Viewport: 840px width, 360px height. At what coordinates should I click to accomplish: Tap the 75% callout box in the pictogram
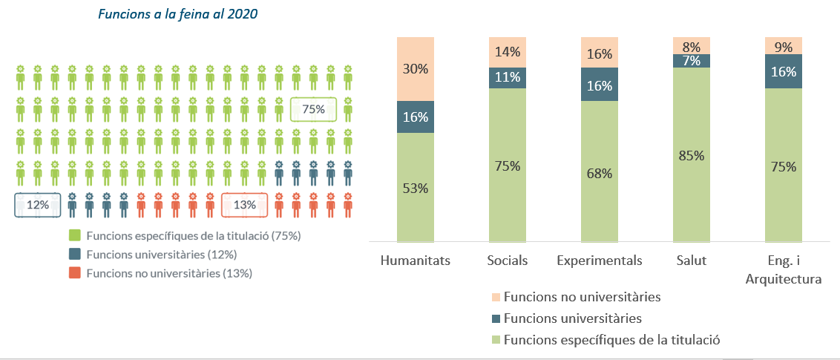click(x=313, y=109)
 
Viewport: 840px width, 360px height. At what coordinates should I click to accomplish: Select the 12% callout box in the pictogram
click(x=38, y=205)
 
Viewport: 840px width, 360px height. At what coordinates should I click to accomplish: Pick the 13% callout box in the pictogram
click(x=244, y=205)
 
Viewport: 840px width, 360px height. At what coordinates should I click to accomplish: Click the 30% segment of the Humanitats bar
click(x=416, y=68)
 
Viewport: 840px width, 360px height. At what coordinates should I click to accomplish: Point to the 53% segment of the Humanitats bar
click(x=416, y=188)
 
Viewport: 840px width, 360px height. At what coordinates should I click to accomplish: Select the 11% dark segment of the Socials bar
click(x=508, y=77)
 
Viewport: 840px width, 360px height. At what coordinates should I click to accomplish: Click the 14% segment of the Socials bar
click(x=508, y=52)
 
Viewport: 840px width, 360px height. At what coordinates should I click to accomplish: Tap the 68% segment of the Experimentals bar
click(x=600, y=173)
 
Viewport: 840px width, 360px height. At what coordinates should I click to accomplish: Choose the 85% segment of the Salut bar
click(x=692, y=155)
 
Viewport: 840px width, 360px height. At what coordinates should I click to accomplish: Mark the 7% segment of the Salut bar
click(x=692, y=61)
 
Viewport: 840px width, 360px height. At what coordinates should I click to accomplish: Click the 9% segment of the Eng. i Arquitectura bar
click(x=784, y=45)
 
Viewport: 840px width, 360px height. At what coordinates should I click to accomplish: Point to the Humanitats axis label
click(x=415, y=261)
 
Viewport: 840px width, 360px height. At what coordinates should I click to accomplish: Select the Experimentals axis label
click(x=600, y=261)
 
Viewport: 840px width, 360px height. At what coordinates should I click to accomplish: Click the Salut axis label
click(x=692, y=261)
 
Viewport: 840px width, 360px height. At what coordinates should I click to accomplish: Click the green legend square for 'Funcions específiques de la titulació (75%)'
click(x=74, y=236)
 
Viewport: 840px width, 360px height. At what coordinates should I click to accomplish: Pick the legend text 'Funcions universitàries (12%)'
click(x=161, y=255)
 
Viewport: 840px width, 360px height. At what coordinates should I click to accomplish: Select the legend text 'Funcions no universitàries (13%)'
click(x=169, y=273)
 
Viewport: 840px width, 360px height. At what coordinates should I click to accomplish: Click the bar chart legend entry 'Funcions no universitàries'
click(x=581, y=298)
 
